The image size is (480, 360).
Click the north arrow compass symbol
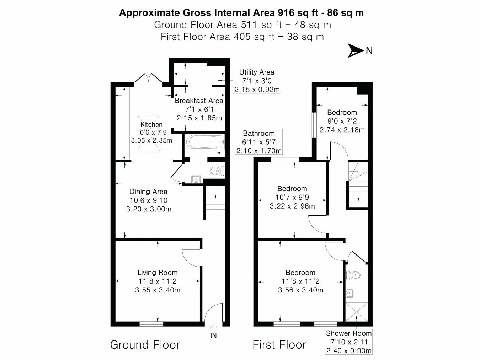click(356, 51)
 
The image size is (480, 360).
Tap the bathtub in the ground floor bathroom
click(204, 142)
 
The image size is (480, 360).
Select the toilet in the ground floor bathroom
click(217, 171)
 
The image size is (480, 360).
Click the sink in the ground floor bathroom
click(196, 179)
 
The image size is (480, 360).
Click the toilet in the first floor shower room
click(353, 275)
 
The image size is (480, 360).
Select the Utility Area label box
click(257, 81)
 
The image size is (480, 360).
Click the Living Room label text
click(158, 273)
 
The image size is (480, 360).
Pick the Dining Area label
click(148, 192)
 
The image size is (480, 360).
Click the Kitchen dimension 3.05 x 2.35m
click(151, 140)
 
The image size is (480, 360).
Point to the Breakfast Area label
click(199, 101)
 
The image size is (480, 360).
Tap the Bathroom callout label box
click(259, 142)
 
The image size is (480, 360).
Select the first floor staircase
click(357, 188)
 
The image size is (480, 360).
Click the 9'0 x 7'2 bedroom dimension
click(342, 121)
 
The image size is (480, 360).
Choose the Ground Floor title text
click(145, 344)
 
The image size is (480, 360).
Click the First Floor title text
click(279, 344)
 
